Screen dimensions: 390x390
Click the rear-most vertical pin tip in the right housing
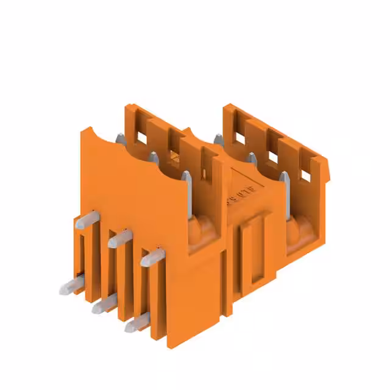pyautogui.click(x=218, y=137)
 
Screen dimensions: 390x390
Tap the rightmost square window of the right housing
pyautogui.click(x=305, y=174)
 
